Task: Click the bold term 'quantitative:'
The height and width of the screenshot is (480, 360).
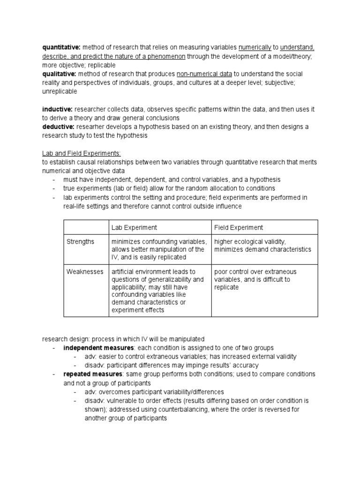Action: pos(61,47)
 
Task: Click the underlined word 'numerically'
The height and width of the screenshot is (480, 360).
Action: pos(255,47)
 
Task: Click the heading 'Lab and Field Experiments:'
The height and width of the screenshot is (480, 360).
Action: pos(82,153)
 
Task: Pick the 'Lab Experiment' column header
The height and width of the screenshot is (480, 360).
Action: pos(134,227)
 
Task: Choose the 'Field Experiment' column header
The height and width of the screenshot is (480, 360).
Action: pos(239,227)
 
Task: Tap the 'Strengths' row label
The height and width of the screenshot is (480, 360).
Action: pos(80,241)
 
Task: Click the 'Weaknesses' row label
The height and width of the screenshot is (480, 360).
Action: pos(84,271)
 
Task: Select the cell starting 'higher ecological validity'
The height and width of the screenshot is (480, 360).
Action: pos(262,246)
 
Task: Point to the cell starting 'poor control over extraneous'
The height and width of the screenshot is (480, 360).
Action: pos(255,279)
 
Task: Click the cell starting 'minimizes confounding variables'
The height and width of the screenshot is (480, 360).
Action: pos(158,249)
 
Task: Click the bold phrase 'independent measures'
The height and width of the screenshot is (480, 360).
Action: pos(99,348)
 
